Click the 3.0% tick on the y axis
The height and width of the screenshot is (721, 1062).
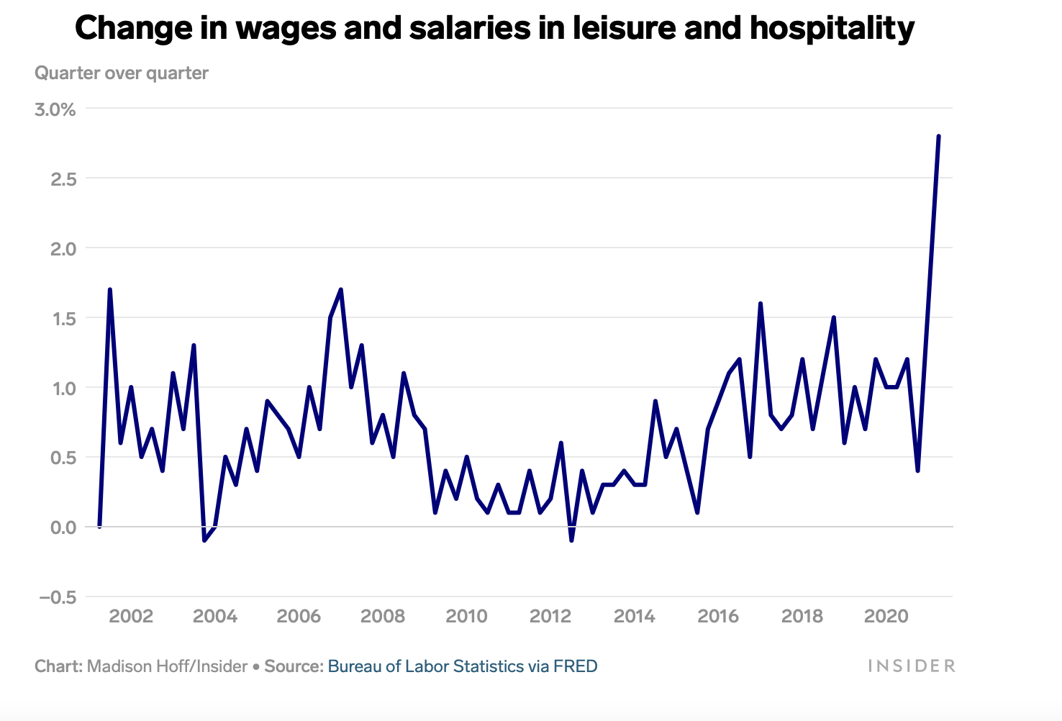pos(55,109)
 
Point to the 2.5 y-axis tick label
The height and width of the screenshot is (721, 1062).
pos(63,179)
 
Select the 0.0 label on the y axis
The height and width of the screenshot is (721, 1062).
pos(63,527)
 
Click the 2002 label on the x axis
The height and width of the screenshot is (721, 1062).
pos(130,617)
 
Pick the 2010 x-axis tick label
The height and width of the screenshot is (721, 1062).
pos(466,617)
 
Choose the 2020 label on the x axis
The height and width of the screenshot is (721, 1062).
pos(886,617)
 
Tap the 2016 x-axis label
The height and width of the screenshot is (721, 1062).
pos(718,617)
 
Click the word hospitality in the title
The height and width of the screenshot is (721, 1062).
pos(832,29)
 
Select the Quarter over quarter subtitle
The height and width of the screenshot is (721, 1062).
pos(122,73)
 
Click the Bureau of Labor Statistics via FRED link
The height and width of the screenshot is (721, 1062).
pos(463,666)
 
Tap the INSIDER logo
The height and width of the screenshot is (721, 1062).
pos(912,666)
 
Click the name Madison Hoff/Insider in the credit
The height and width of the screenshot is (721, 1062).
pos(167,666)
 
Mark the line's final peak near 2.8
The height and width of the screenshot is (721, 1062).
pos(938,136)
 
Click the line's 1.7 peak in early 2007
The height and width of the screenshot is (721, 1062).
pos(340,289)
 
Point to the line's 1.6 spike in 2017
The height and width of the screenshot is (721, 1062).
pos(760,304)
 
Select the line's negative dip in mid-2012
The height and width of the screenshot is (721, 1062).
pos(571,540)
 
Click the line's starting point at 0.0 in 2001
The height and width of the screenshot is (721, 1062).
pos(99,527)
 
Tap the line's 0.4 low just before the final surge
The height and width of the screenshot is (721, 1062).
pos(917,471)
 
